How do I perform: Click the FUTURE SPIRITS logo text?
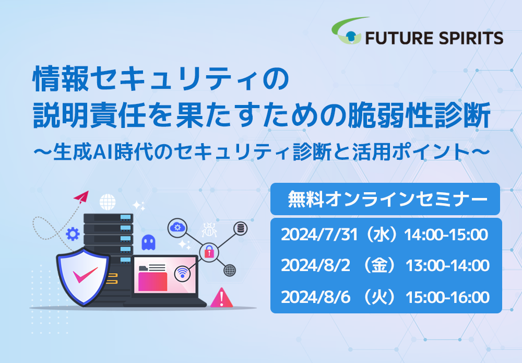click(x=434, y=38)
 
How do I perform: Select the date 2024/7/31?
click(x=319, y=235)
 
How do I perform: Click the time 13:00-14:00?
click(x=447, y=266)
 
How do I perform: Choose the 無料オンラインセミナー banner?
click(x=385, y=199)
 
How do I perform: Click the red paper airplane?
click(x=81, y=197)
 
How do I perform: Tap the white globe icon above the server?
click(x=108, y=202)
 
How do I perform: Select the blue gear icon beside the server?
click(x=73, y=234)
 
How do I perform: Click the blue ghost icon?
click(x=148, y=242)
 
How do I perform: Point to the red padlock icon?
click(x=209, y=251)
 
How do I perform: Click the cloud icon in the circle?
click(x=177, y=228)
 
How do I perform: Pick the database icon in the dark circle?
click(x=240, y=228)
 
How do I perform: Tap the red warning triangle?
click(x=222, y=298)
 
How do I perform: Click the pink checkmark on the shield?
click(x=85, y=275)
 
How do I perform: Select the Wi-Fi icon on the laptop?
click(x=182, y=273)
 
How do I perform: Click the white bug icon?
click(x=209, y=230)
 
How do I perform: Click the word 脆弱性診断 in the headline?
click(x=419, y=115)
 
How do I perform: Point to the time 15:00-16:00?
click(x=447, y=297)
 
